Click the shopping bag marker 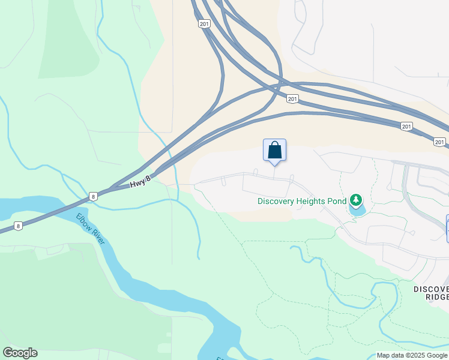(x=274, y=150)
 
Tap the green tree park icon (x=356, y=199)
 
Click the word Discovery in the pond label (x=276, y=201)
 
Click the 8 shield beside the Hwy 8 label (x=93, y=196)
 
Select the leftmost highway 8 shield (x=19, y=226)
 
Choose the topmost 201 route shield (x=204, y=23)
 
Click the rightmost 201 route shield (x=440, y=142)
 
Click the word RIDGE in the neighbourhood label (x=436, y=298)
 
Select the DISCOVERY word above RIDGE (x=431, y=289)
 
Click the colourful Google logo (x=20, y=353)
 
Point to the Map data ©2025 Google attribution (x=412, y=355)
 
